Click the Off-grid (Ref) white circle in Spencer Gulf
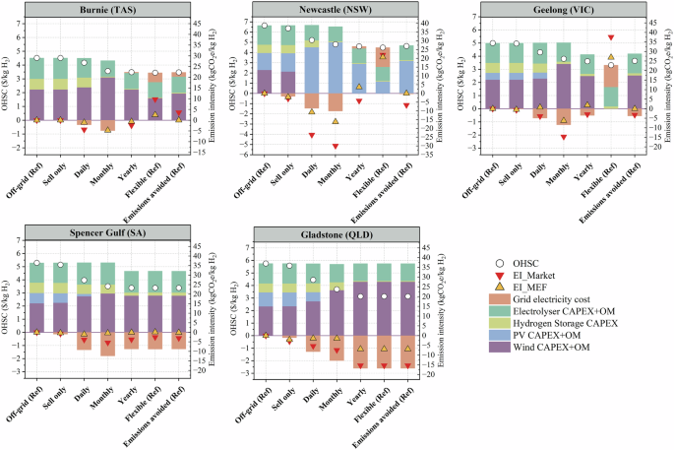coord(36,264)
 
